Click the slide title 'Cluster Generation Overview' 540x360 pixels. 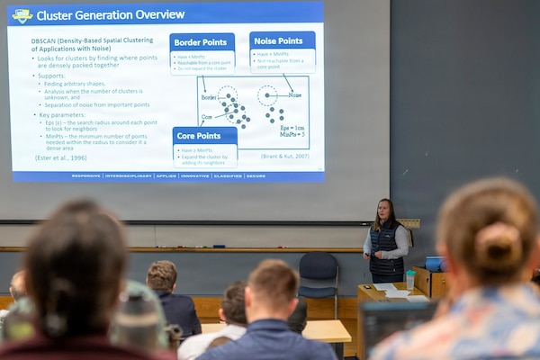(x=110, y=15)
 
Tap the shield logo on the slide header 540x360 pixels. (x=22, y=15)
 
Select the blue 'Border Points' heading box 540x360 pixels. (x=202, y=41)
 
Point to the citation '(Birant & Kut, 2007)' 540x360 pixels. (x=283, y=157)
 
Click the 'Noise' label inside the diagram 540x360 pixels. (x=294, y=94)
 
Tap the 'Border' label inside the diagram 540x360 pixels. (x=209, y=97)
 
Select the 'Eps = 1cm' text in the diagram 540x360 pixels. (x=292, y=128)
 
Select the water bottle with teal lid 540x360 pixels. (x=410, y=279)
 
